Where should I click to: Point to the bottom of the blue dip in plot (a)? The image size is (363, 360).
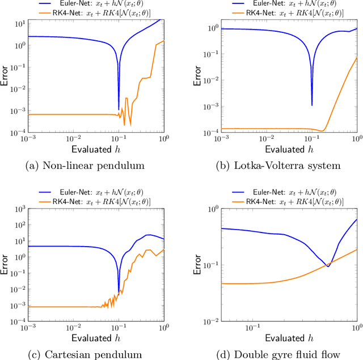[119, 109]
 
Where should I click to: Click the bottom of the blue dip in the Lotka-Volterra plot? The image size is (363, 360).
[312, 105]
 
